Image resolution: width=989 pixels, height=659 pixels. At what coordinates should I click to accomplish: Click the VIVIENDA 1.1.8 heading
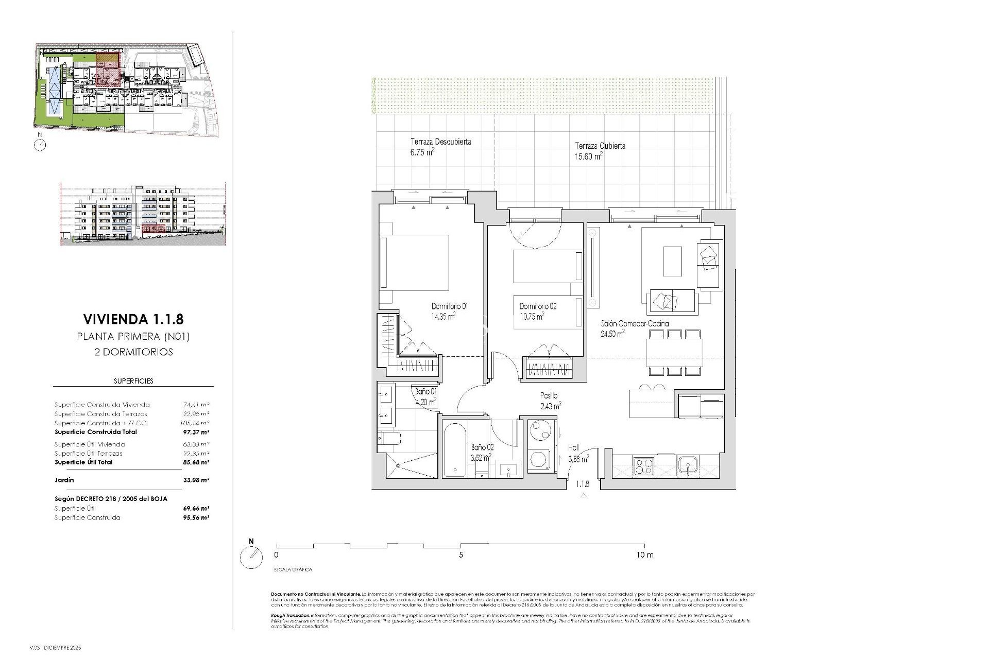(133, 319)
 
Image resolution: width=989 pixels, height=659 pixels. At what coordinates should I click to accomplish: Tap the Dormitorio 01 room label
(449, 306)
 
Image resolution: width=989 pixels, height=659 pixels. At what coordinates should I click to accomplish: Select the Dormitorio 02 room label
(538, 306)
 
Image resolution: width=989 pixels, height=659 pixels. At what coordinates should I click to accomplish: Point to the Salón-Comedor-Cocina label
(635, 324)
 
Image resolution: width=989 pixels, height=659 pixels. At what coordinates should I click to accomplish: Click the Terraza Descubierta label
(440, 142)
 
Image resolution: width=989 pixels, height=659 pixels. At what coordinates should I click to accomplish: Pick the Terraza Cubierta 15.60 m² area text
(589, 157)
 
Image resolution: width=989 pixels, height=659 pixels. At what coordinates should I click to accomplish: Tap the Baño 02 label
(482, 447)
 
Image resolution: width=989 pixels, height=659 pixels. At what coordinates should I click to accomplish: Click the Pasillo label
(549, 396)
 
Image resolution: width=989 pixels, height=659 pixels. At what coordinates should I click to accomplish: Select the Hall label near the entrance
(573, 448)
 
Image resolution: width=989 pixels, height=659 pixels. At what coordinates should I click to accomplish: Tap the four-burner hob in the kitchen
(643, 466)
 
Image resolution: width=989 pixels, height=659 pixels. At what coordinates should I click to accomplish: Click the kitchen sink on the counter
(687, 466)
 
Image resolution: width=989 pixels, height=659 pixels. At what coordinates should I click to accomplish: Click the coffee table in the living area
(672, 261)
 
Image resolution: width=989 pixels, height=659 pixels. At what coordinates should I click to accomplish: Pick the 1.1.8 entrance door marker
(583, 484)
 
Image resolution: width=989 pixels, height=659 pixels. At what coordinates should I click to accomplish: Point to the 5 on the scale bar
(461, 555)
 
